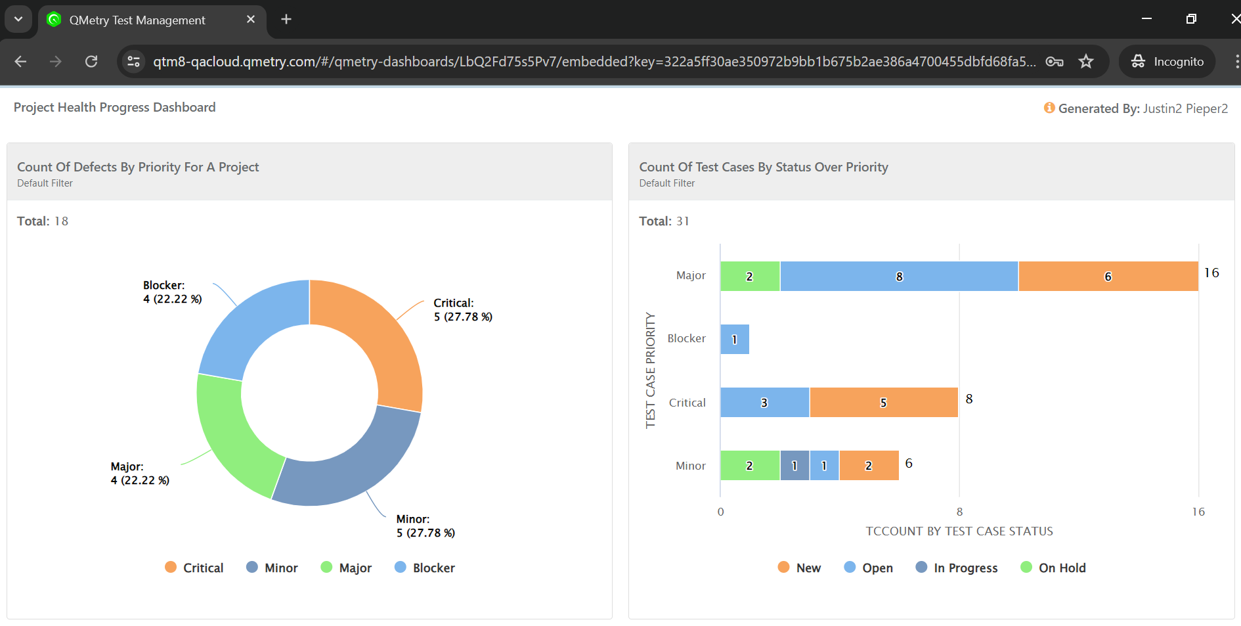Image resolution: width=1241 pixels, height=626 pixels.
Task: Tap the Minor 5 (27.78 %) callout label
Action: pos(425,526)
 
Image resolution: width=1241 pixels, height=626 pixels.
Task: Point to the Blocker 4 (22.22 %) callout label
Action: pos(172,292)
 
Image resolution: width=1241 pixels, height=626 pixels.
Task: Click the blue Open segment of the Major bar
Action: pos(899,277)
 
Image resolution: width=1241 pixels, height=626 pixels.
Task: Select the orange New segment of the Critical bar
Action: pos(883,403)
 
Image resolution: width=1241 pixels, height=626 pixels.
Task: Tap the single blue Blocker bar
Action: pos(734,340)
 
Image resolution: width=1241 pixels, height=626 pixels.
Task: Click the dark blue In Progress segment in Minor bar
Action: pos(795,466)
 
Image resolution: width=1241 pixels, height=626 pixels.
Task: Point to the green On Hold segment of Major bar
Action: pos(749,277)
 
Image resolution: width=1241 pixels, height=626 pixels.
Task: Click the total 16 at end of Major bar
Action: pos(1211,273)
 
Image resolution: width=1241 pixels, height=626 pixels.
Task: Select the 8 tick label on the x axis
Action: pos(959,512)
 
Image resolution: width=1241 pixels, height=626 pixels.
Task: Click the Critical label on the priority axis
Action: pos(687,403)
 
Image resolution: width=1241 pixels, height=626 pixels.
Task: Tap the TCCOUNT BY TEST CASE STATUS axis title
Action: pos(959,531)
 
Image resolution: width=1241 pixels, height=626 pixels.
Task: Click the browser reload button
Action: pos(91,62)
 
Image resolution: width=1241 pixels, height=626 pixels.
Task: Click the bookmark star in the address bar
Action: pos(1086,62)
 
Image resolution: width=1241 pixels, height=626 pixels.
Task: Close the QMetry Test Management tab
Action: pos(250,20)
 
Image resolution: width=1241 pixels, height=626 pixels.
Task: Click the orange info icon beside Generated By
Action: pos(1049,108)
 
